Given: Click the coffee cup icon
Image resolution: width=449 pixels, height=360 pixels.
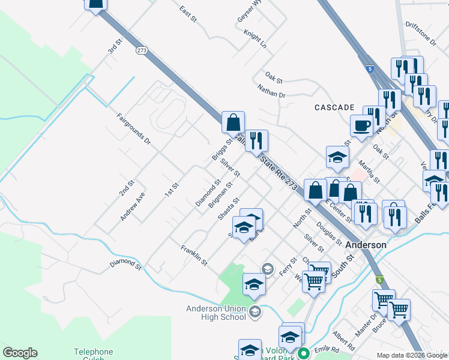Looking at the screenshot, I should pyautogui.click(x=361, y=126).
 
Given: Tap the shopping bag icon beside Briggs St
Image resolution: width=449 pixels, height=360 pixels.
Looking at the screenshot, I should pyautogui.click(x=232, y=122).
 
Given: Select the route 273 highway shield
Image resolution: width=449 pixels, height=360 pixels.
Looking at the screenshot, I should pyautogui.click(x=142, y=50).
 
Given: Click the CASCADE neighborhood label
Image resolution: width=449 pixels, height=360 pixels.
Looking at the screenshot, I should pyautogui.click(x=334, y=107).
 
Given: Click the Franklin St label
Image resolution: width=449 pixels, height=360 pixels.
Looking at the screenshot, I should pyautogui.click(x=194, y=255).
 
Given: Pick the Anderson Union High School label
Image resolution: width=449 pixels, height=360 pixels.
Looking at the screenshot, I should pyautogui.click(x=215, y=313).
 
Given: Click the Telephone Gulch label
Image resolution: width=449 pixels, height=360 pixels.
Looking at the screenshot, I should pyautogui.click(x=93, y=355).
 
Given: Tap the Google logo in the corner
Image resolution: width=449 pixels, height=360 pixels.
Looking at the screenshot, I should pyautogui.click(x=20, y=353).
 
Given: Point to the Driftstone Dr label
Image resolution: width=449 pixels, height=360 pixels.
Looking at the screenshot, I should pyautogui.click(x=421, y=34).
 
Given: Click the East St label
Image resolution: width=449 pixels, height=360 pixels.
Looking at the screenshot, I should pyautogui.click(x=188, y=14).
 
